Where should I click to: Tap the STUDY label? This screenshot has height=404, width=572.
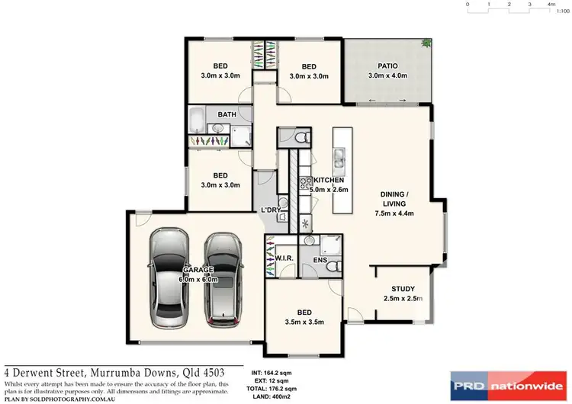tap(403, 289)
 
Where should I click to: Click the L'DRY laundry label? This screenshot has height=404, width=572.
tap(272, 209)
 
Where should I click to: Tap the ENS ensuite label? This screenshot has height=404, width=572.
tap(321, 261)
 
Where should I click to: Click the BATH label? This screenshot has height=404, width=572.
tap(227, 115)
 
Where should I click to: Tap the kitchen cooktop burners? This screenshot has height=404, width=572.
tap(307, 182)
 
